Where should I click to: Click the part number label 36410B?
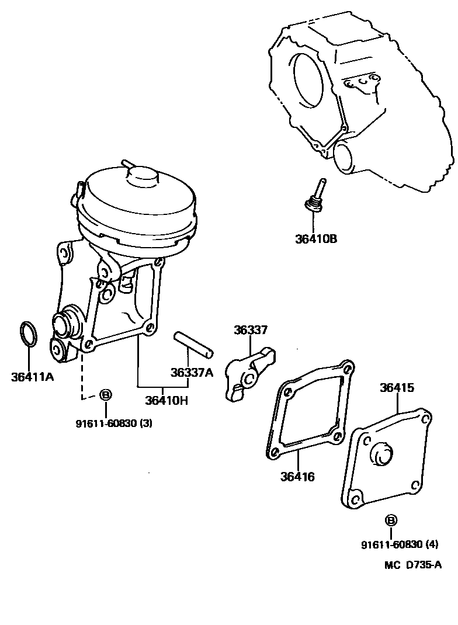pyautogui.click(x=316, y=238)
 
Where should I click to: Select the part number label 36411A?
pyautogui.click(x=32, y=376)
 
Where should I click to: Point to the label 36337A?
pyautogui.click(x=192, y=372)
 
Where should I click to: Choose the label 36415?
pyautogui.click(x=397, y=388)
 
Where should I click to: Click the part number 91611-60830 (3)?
pyautogui.click(x=114, y=423)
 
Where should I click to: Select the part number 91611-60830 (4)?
pyautogui.click(x=399, y=544)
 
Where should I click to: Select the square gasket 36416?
pyautogui.click(x=310, y=409)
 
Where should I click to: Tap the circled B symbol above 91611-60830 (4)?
pyautogui.click(x=391, y=520)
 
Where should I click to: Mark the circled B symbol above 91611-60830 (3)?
pyautogui.click(x=105, y=395)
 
